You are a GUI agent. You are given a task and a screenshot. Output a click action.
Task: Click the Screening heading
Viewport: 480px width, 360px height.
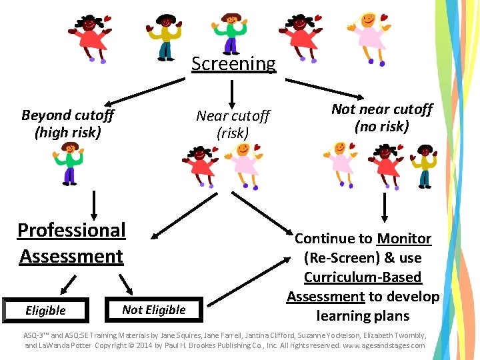pyautogui.click(x=233, y=64)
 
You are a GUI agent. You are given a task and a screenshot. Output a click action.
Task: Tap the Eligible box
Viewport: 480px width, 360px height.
pyautogui.click(x=45, y=310)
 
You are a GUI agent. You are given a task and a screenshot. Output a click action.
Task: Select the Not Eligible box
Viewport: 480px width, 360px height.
pyautogui.click(x=154, y=309)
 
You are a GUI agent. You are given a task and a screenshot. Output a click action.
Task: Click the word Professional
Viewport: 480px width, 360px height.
pyautogui.click(x=71, y=230)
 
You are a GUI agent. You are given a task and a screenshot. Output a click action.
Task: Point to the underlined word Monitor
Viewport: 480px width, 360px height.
pyautogui.click(x=404, y=239)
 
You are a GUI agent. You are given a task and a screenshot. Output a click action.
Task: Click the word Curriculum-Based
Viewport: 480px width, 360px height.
pyautogui.click(x=363, y=277)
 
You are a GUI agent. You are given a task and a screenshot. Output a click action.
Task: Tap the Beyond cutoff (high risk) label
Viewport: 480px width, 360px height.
pyautogui.click(x=67, y=123)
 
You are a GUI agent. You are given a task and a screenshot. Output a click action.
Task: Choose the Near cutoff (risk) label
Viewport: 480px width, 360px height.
pyautogui.click(x=232, y=123)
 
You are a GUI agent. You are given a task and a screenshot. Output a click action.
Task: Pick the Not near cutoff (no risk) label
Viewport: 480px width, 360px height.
pyautogui.click(x=381, y=117)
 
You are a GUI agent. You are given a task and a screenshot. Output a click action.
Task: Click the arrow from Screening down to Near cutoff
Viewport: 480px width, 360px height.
pyautogui.click(x=232, y=93)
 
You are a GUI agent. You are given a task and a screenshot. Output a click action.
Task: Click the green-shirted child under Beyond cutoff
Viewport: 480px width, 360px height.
pyautogui.click(x=68, y=164)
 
